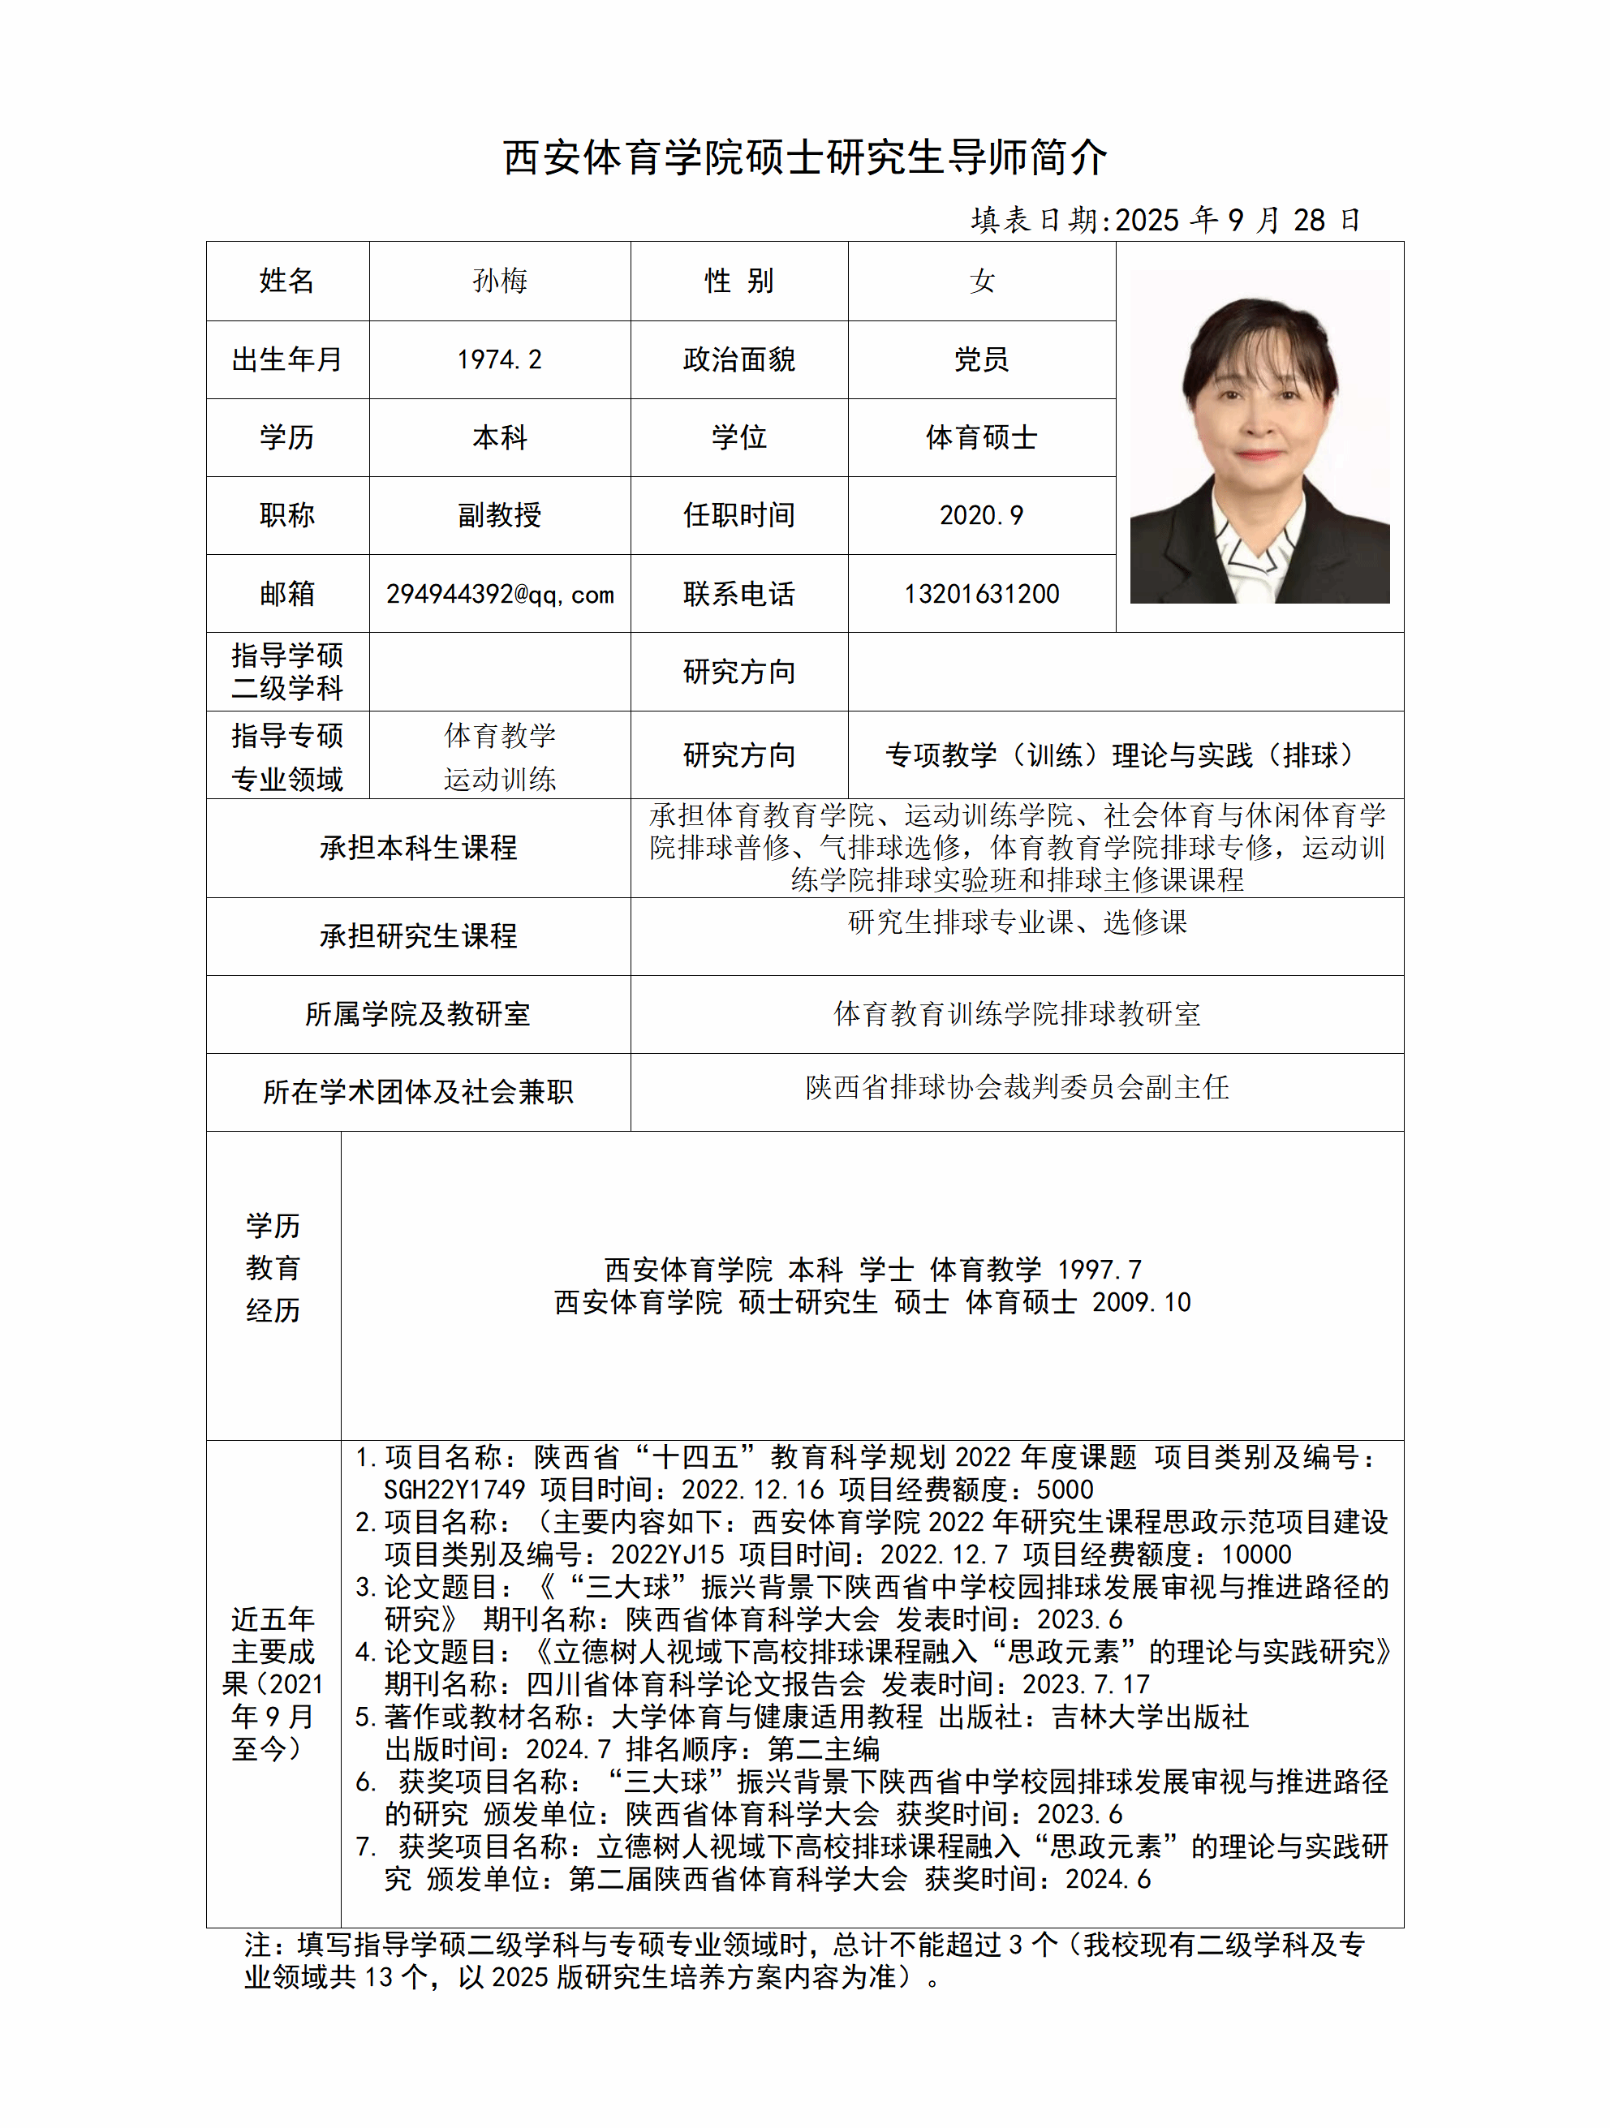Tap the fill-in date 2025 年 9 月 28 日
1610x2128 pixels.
click(x=1237, y=221)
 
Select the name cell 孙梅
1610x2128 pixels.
click(x=499, y=281)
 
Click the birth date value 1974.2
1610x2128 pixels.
click(x=499, y=359)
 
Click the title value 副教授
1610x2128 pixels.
click(x=499, y=516)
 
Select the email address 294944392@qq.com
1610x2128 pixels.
click(x=499, y=595)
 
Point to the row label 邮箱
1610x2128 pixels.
click(x=286, y=595)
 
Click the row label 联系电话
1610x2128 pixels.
click(x=738, y=595)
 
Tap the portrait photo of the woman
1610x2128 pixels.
click(x=1259, y=436)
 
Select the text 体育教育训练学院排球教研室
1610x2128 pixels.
click(x=1016, y=1014)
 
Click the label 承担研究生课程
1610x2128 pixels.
click(x=418, y=936)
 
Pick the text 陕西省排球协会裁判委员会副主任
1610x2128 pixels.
click(x=1016, y=1087)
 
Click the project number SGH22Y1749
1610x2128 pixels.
click(x=454, y=1490)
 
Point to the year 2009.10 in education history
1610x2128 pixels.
click(x=1141, y=1303)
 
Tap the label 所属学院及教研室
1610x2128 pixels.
click(x=418, y=1014)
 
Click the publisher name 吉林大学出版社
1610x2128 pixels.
click(x=1150, y=1717)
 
